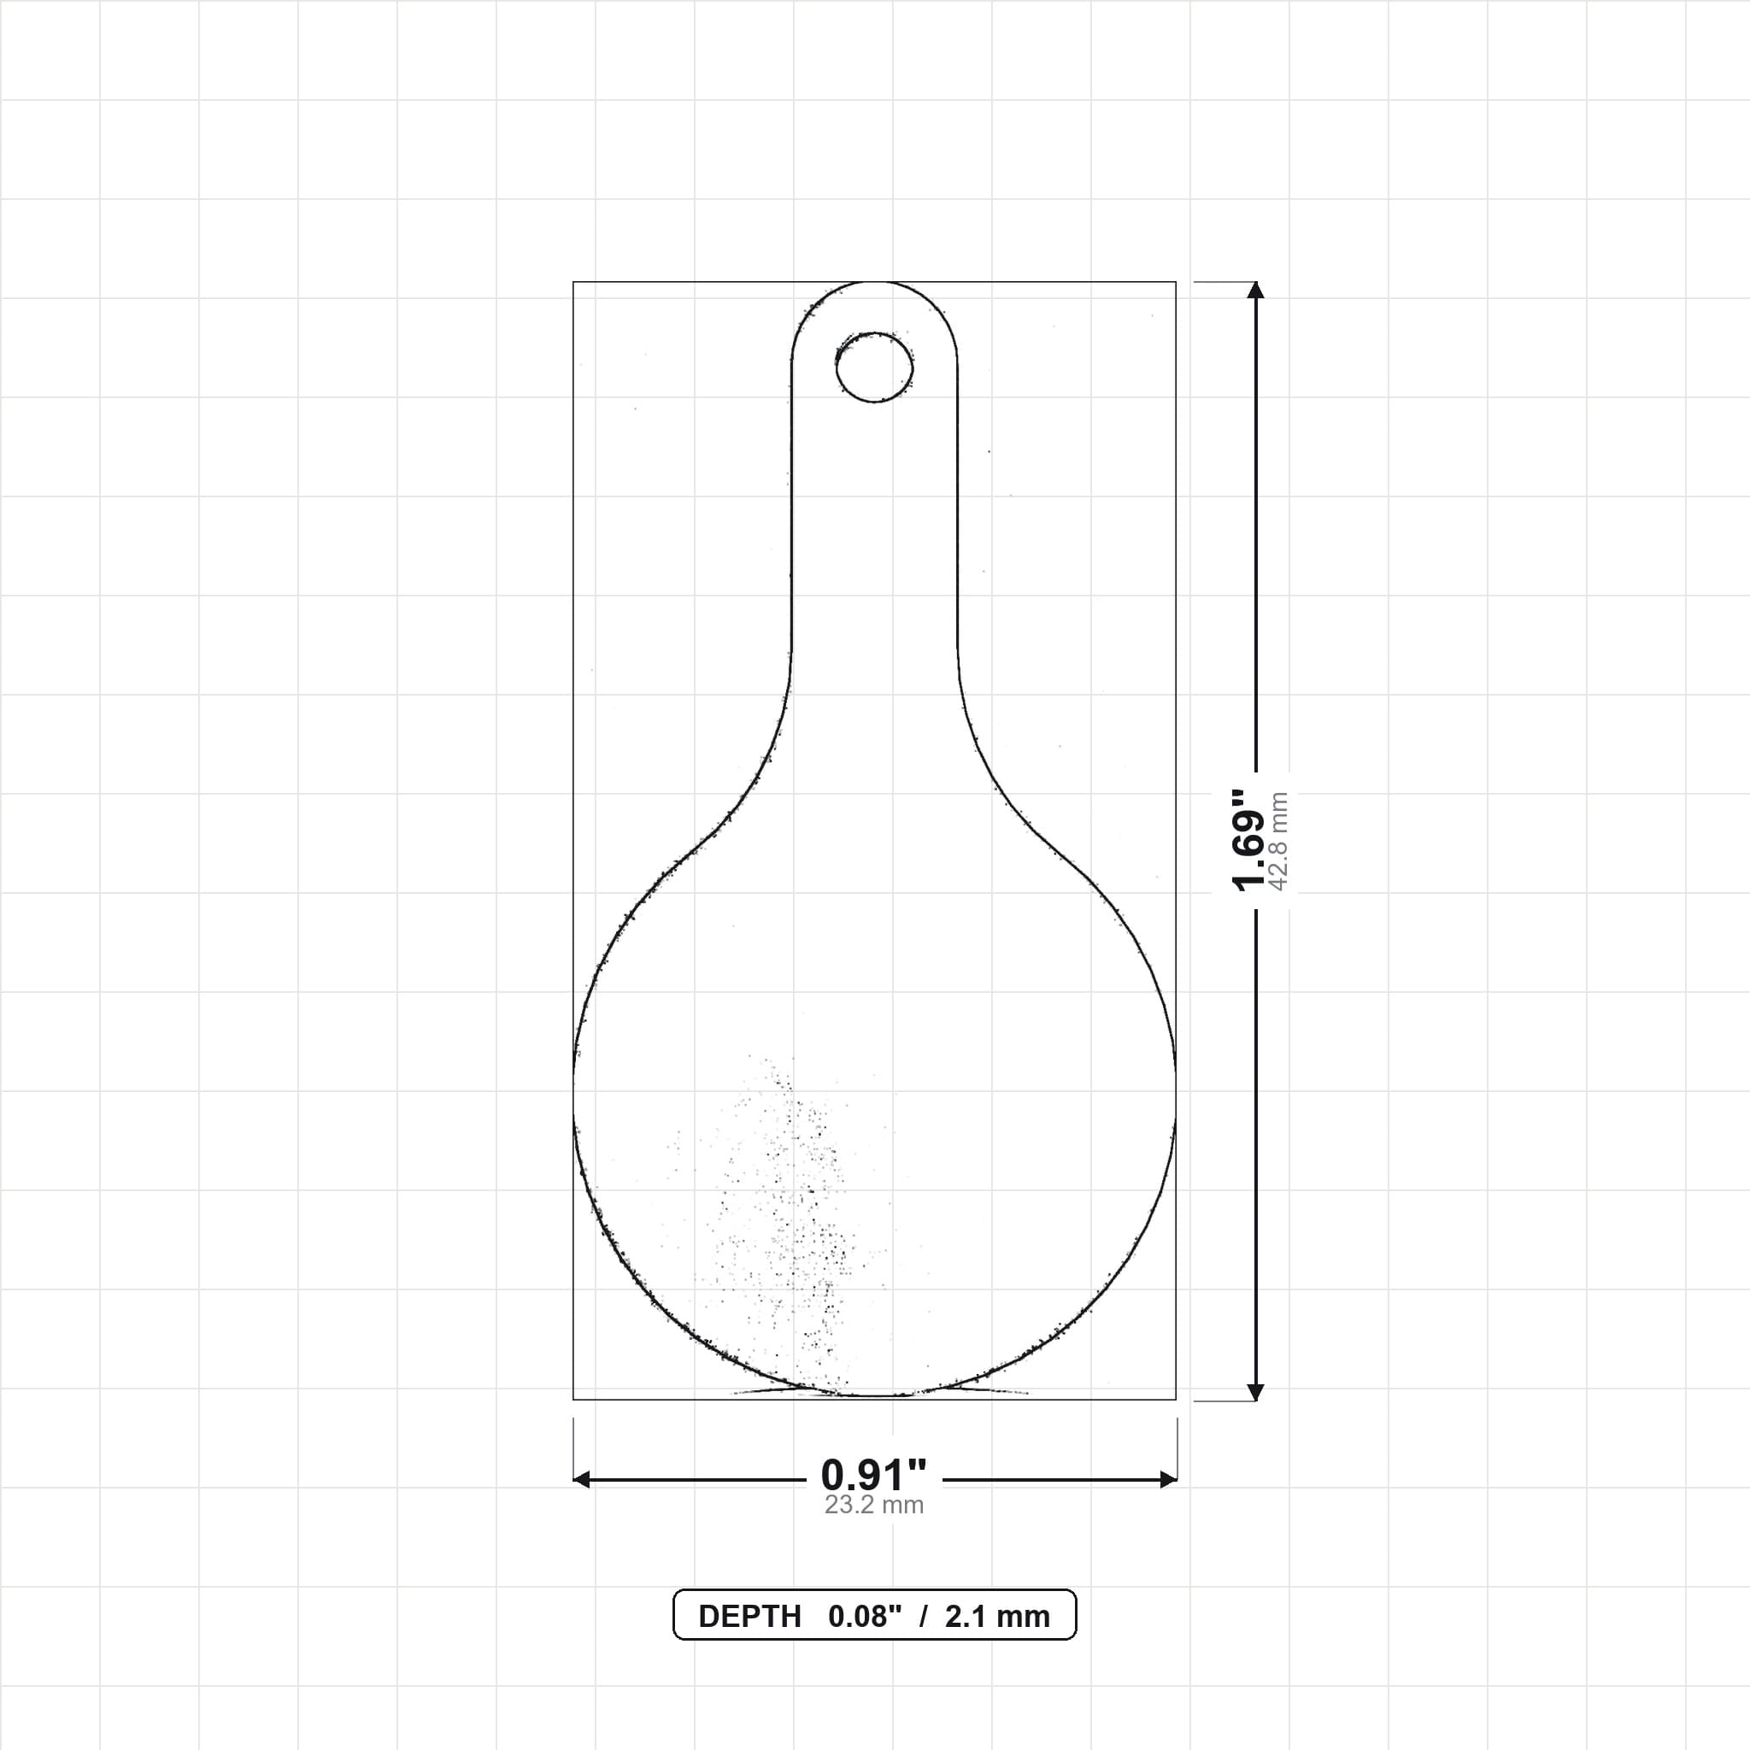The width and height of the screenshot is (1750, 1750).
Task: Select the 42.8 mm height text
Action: [x=1279, y=841]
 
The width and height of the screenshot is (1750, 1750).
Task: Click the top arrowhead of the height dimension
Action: [x=1255, y=290]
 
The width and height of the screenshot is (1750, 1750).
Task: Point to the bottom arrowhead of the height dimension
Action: [x=1255, y=1392]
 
